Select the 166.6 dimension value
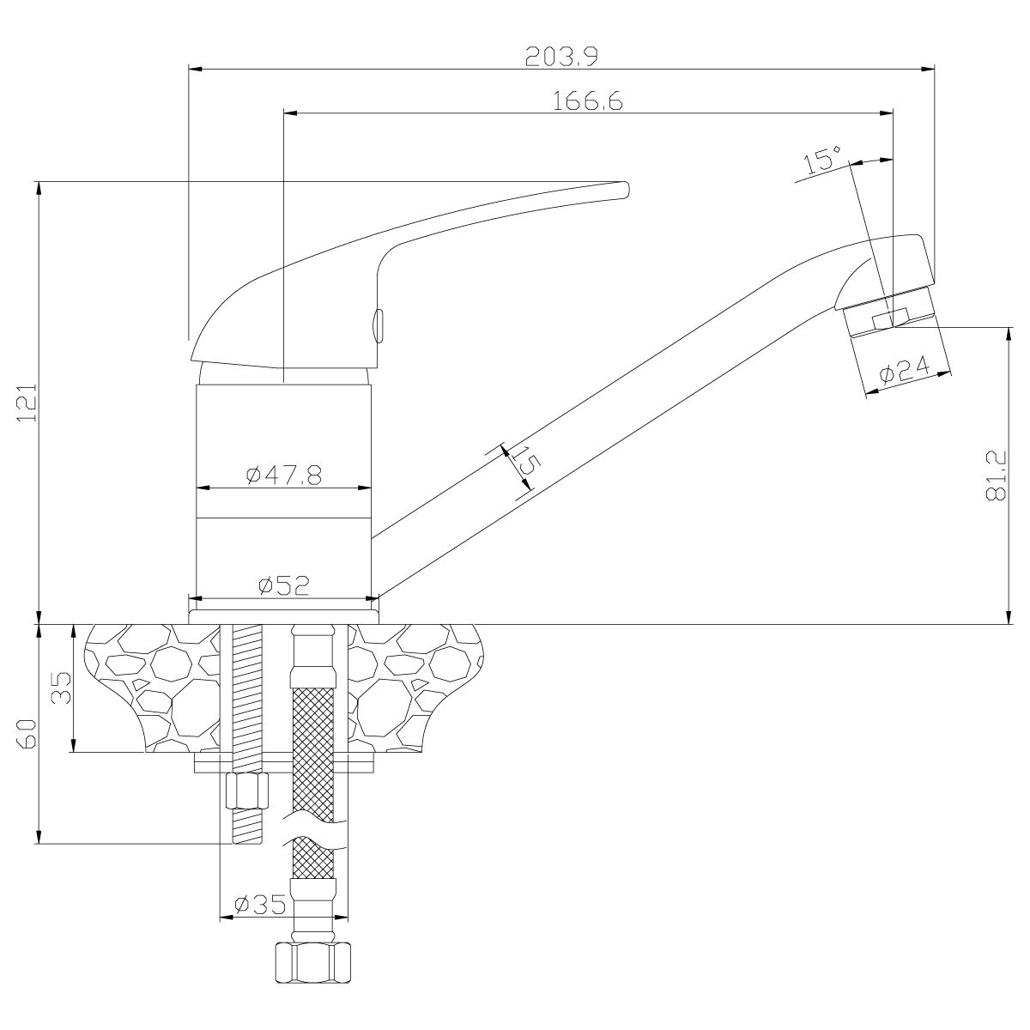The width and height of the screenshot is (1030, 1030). click(587, 100)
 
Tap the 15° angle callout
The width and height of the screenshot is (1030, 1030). click(822, 160)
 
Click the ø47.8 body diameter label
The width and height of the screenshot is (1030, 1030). click(283, 476)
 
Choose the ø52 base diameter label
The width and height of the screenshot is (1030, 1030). click(283, 585)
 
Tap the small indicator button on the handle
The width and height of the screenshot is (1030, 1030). click(379, 325)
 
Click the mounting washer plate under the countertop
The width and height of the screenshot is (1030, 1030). click(283, 763)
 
